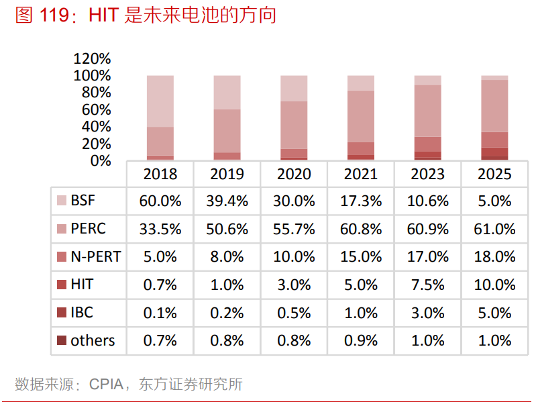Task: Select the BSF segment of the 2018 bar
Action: tap(160, 101)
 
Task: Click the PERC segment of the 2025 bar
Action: tap(494, 105)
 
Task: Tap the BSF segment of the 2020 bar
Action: tap(294, 88)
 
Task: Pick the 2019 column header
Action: tap(227, 174)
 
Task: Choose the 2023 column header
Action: tap(427, 174)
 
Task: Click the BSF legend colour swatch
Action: tap(62, 201)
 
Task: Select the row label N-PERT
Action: tap(95, 256)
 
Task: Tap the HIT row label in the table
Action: tap(82, 285)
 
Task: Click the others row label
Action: tap(93, 340)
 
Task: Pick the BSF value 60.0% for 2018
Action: tap(160, 201)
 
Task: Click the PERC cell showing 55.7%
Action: tap(294, 229)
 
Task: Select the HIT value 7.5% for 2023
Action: tap(427, 285)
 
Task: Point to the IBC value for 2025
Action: tap(494, 313)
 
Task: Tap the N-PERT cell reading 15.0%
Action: tap(361, 256)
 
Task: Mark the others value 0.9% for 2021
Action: tap(361, 340)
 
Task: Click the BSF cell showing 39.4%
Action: tap(227, 201)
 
